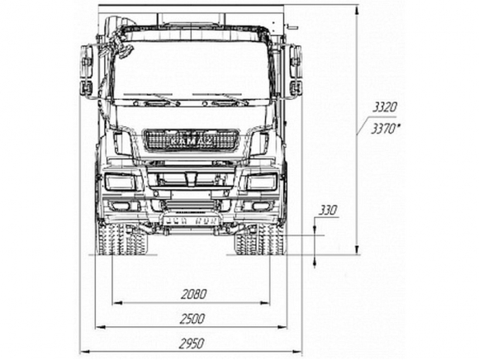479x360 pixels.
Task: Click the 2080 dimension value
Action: coord(194,294)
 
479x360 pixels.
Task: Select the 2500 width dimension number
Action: coord(192,319)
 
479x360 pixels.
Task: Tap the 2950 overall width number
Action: coord(192,343)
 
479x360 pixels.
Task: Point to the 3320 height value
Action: coord(385,107)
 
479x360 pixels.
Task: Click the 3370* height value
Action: coord(386,129)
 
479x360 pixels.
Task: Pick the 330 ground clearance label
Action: coord(328,211)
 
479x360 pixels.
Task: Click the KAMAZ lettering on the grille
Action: coord(191,141)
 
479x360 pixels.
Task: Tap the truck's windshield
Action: coord(192,71)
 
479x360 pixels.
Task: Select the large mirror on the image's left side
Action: coord(87,62)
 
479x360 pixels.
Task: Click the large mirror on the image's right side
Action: coord(296,62)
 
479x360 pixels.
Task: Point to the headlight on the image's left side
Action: coord(120,182)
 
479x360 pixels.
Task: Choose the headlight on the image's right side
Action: coord(262,182)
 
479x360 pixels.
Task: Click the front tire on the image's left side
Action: coord(122,239)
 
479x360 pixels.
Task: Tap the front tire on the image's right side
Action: coord(259,239)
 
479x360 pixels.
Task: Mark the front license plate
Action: coord(192,220)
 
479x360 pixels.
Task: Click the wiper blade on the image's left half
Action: coord(151,98)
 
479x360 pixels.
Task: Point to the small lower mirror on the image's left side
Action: coord(86,88)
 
